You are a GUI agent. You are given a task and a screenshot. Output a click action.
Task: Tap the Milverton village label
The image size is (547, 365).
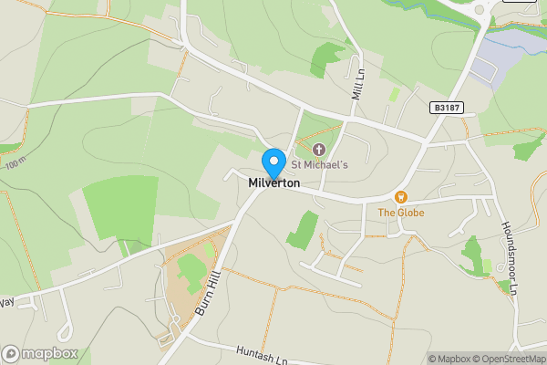point(273,183)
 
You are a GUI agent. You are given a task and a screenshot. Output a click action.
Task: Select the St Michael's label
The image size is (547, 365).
point(319,164)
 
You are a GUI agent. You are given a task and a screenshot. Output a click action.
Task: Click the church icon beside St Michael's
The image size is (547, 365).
point(318,149)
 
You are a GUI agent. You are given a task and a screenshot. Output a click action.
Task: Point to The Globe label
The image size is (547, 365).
point(400,213)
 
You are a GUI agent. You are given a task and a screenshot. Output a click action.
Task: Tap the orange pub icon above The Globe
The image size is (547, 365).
point(399,196)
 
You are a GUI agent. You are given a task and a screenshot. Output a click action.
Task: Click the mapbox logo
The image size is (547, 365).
point(40,353)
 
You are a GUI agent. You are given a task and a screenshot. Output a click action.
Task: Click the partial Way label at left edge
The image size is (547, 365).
point(7,300)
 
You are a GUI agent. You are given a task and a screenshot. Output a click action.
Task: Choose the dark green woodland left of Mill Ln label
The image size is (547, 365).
point(324,58)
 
